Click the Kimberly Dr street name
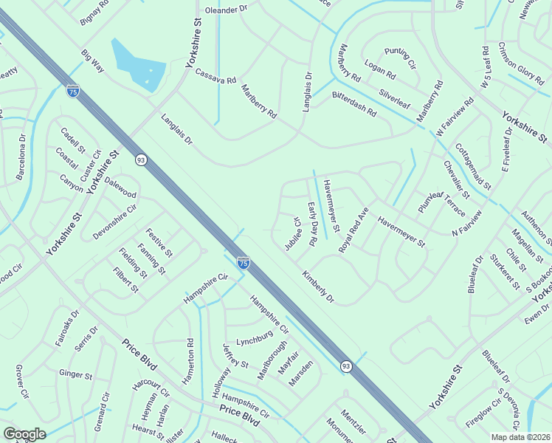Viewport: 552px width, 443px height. [318, 287]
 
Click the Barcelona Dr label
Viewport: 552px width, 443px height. [22, 157]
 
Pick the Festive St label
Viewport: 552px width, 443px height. [159, 242]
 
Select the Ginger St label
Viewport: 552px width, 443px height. [75, 374]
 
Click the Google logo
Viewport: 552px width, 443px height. [24, 434]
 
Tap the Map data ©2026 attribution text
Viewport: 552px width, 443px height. [520, 437]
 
